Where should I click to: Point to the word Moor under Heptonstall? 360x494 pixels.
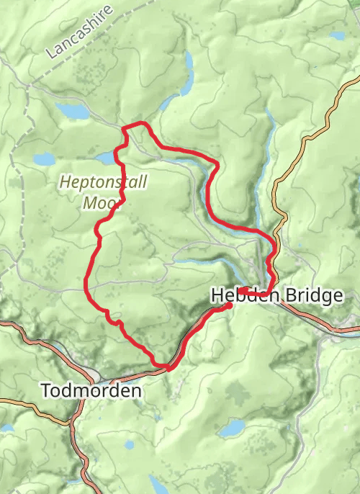click(100, 202)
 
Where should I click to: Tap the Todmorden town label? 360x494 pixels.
click(91, 390)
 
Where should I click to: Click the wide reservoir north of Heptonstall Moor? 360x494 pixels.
click(73, 111)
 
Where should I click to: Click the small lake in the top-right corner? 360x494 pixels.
click(337, 35)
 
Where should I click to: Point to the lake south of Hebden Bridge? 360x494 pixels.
click(232, 429)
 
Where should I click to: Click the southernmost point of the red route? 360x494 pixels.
click(168, 369)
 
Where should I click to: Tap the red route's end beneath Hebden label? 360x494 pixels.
click(229, 305)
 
